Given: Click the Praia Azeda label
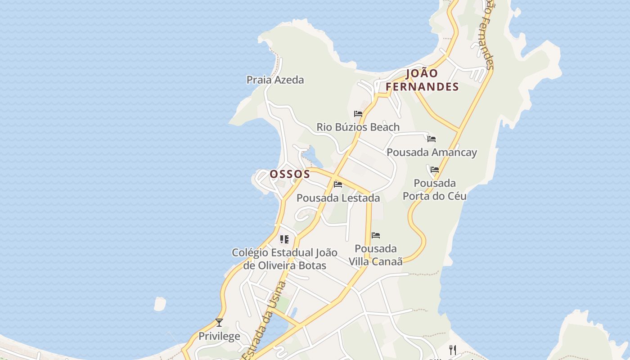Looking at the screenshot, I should pyautogui.click(x=275, y=80).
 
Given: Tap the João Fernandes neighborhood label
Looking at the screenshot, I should pyautogui.click(x=422, y=80).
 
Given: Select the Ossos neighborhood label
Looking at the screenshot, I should pyautogui.click(x=290, y=174).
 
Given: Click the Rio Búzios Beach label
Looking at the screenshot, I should pyautogui.click(x=358, y=127).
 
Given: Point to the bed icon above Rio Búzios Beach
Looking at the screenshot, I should pyautogui.click(x=358, y=114).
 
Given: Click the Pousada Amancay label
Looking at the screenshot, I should pyautogui.click(x=432, y=153).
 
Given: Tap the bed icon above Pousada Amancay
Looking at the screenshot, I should pyautogui.click(x=432, y=139).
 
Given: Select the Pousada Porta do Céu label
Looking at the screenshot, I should pyautogui.click(x=434, y=189).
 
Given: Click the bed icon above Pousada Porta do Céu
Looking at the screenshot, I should pyautogui.click(x=434, y=170).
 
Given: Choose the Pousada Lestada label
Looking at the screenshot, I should pyautogui.click(x=338, y=198).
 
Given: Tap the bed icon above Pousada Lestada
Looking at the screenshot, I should pyautogui.click(x=338, y=184).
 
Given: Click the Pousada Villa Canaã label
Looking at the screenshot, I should pyautogui.click(x=375, y=255).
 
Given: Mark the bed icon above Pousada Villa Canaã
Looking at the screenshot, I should pyautogui.click(x=376, y=235).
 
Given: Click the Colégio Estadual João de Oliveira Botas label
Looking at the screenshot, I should pyautogui.click(x=284, y=259).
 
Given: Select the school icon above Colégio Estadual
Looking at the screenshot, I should pyautogui.click(x=284, y=239).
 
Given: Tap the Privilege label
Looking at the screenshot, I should pyautogui.click(x=219, y=337).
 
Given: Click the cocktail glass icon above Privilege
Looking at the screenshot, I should pyautogui.click(x=219, y=323).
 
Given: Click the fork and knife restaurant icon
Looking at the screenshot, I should pyautogui.click(x=453, y=350).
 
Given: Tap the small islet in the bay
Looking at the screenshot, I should pyautogui.click(x=160, y=304).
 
